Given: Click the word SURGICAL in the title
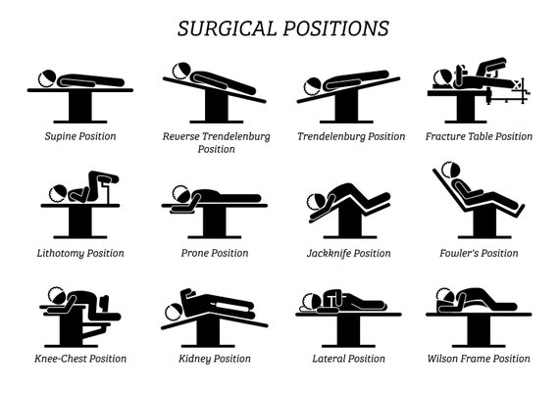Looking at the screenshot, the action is (x=228, y=28).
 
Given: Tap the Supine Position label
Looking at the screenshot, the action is (x=80, y=136).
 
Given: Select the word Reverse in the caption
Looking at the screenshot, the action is (x=180, y=136).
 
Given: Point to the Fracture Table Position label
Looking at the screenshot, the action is (x=479, y=136).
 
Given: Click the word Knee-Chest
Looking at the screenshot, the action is (x=60, y=359).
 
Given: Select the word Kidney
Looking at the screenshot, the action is (x=194, y=359).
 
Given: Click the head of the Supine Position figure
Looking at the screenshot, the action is (x=47, y=78).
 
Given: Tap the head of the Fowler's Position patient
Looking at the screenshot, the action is (x=450, y=171).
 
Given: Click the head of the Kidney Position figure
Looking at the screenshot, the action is (x=175, y=312).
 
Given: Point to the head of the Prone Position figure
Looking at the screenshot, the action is (x=181, y=194).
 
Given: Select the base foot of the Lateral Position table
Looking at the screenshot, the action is (x=349, y=346).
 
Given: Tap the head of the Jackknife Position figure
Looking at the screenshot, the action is (x=316, y=202).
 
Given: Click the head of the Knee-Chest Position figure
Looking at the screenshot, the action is (x=57, y=296).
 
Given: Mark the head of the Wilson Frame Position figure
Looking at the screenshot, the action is (x=445, y=297).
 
